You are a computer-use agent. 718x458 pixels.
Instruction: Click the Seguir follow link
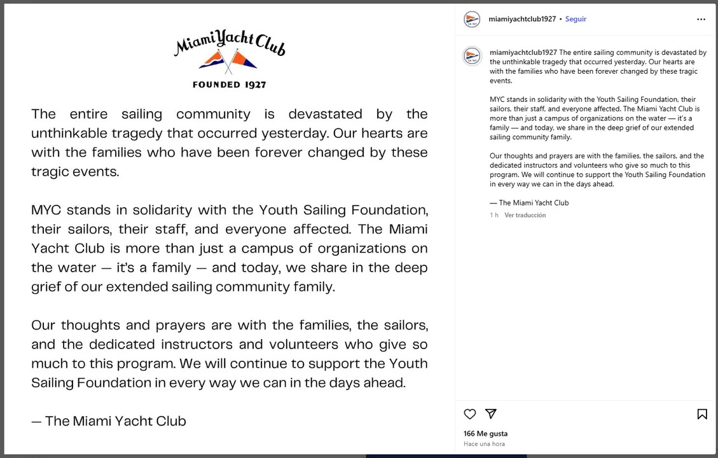576,19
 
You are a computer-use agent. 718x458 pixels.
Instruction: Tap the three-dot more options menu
701,19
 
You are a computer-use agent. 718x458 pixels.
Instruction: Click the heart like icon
470,414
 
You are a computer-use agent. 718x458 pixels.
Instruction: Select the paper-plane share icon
491,414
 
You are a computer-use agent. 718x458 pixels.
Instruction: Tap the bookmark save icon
702,414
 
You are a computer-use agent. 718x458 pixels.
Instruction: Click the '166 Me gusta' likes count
485,434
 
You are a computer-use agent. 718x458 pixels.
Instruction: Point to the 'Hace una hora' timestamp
484,444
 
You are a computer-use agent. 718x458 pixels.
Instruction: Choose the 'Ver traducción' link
525,216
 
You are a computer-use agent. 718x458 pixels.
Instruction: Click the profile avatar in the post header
472,19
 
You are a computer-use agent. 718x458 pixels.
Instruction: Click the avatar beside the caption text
472,56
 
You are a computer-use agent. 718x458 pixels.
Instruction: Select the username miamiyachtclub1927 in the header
521,19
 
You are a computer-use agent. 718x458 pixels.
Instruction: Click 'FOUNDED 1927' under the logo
230,85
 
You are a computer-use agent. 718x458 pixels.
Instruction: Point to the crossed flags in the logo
229,61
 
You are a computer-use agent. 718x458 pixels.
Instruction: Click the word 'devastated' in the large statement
325,114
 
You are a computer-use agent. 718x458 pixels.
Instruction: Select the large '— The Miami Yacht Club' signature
109,421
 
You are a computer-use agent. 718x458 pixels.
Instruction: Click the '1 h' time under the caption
494,216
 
